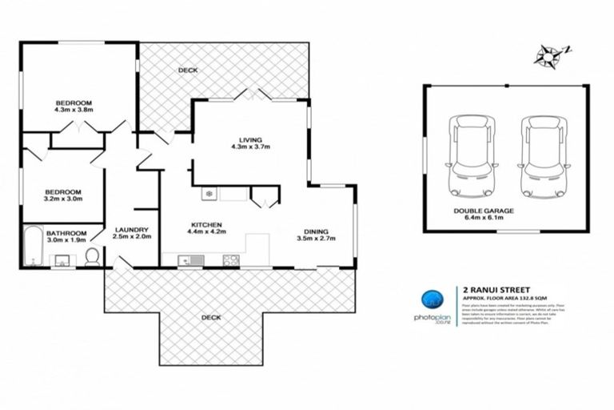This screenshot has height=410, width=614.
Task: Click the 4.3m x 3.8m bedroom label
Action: click(x=74, y=107)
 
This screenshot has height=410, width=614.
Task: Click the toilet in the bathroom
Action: click(x=93, y=256)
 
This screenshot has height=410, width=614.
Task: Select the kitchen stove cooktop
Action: click(x=230, y=259)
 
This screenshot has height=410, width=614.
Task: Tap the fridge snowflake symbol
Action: click(x=209, y=194)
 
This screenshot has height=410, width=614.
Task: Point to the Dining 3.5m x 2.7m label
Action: click(x=315, y=234)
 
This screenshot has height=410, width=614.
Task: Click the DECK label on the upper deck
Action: click(x=188, y=70)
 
